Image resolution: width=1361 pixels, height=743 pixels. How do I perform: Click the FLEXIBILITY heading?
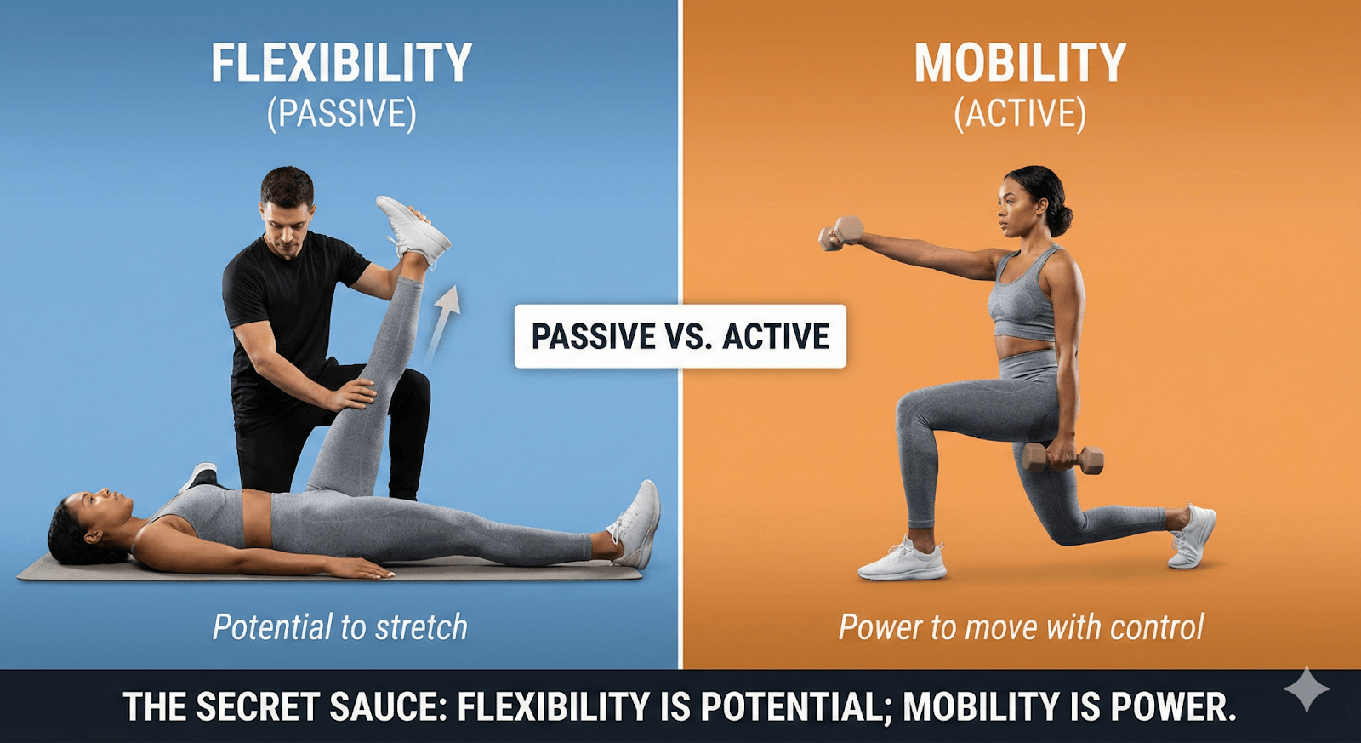341,64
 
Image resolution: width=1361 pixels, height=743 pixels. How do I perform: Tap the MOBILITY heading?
1020,64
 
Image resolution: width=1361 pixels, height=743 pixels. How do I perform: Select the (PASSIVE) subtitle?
341,114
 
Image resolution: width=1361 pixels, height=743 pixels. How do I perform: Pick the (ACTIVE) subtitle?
1020,114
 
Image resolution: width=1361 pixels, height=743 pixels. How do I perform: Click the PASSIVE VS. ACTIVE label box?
680,336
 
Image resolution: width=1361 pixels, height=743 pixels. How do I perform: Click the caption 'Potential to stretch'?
340,627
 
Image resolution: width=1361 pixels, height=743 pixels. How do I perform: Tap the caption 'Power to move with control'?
1021,627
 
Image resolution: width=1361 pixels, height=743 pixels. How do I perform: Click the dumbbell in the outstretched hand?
842,233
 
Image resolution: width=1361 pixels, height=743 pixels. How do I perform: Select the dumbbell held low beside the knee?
1063,458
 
